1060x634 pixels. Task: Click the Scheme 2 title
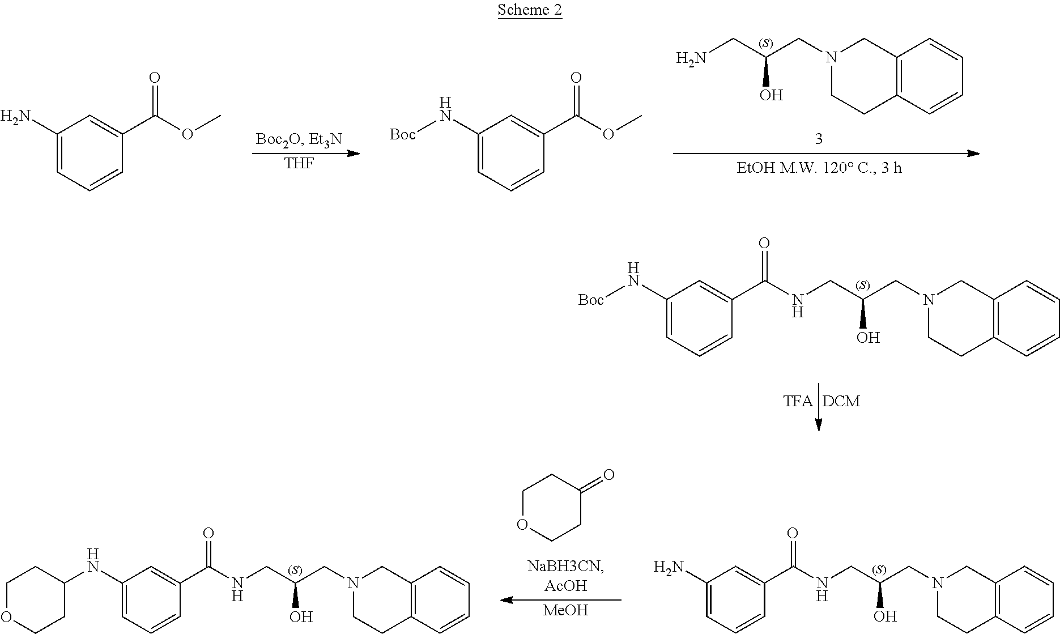point(530,10)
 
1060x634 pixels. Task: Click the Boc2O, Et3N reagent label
point(299,139)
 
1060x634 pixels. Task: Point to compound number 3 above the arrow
point(818,139)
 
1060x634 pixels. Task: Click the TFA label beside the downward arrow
point(798,401)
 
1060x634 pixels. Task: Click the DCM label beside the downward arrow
point(841,401)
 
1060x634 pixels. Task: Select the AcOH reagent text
point(564,586)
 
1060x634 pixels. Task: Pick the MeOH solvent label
point(565,610)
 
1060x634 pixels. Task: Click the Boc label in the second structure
point(403,135)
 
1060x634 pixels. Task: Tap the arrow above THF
point(306,154)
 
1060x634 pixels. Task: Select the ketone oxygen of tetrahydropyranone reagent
point(608,475)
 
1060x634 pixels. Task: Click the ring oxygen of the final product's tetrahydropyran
point(7,615)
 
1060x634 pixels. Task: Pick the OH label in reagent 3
point(771,95)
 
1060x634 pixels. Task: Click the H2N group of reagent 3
point(692,58)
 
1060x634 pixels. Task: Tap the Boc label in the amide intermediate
point(591,300)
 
